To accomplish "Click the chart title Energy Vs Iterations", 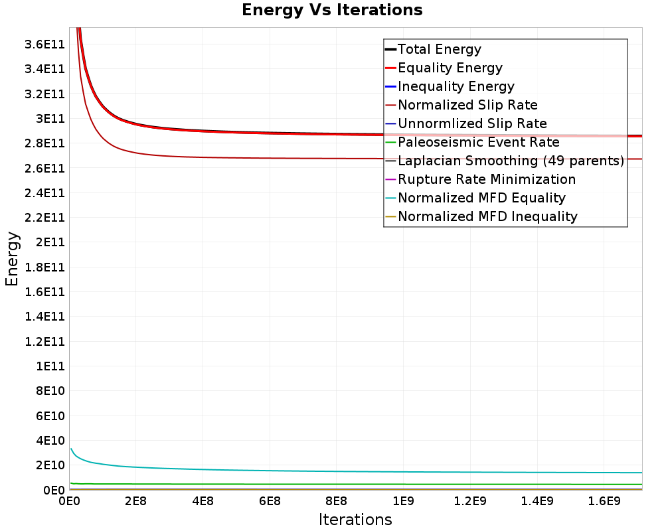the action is (x=332, y=10).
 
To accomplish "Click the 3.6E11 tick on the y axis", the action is (x=44, y=44).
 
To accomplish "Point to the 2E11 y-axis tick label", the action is (x=50, y=242).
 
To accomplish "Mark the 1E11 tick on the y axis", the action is (x=50, y=366).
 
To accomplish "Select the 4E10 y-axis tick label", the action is (x=50, y=440).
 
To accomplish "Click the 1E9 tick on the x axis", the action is (x=403, y=501).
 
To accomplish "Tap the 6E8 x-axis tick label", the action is (x=270, y=501).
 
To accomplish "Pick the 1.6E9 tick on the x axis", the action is (x=604, y=501).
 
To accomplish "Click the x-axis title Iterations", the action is (x=355, y=520).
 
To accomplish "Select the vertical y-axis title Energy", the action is (x=12, y=259).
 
